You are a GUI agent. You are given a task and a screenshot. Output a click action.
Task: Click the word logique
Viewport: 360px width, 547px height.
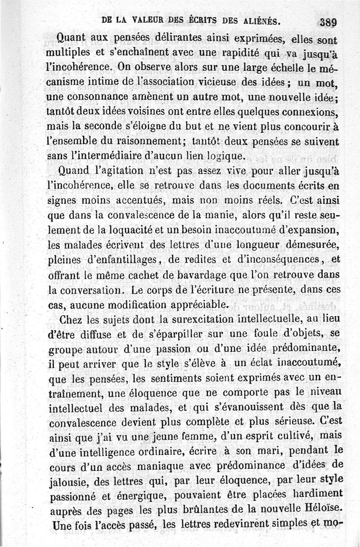pos(223,156)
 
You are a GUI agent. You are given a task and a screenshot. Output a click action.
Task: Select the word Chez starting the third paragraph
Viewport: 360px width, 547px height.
pos(71,320)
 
